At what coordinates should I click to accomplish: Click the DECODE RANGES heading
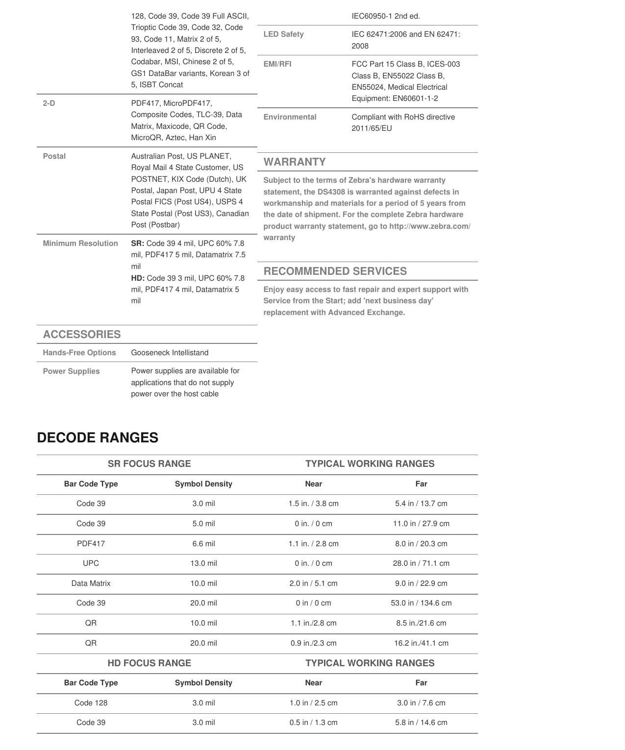point(98,437)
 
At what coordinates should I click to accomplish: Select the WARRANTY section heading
point(295,162)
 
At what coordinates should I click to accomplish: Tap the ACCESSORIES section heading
point(82,334)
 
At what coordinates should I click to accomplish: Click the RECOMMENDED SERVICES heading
point(335,271)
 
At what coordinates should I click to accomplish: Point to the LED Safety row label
point(283,34)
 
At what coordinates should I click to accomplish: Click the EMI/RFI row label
point(277,64)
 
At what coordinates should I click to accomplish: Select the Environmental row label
point(290,117)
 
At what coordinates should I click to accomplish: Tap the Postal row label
point(54,156)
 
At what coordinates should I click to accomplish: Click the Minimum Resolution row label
point(80,243)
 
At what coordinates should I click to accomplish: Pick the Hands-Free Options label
point(79,353)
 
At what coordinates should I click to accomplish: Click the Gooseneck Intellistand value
point(170,353)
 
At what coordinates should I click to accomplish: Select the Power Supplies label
point(71,371)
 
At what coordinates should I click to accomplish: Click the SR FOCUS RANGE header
point(149,463)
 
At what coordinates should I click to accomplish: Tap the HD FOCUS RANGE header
point(149,663)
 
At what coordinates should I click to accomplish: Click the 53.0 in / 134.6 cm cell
point(421,603)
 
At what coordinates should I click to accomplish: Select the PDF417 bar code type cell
point(91,543)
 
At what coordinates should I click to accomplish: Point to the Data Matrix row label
point(91,583)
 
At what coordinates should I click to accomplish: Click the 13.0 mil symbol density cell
point(203,563)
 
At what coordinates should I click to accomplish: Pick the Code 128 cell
point(91,703)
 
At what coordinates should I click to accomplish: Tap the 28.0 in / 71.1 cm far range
point(421,563)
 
